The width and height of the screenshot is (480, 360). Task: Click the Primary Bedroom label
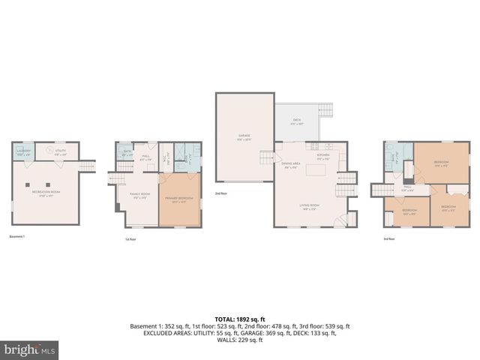[180, 199]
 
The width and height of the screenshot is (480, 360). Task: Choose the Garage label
[243, 137]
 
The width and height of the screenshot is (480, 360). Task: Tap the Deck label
[298, 122]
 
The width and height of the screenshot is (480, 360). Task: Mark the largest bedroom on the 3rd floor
[441, 163]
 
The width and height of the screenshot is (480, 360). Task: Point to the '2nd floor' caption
[221, 193]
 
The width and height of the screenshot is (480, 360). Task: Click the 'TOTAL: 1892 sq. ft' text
[240, 319]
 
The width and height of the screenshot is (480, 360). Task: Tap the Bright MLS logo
[30, 349]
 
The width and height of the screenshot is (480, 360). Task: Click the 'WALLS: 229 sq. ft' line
[240, 340]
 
